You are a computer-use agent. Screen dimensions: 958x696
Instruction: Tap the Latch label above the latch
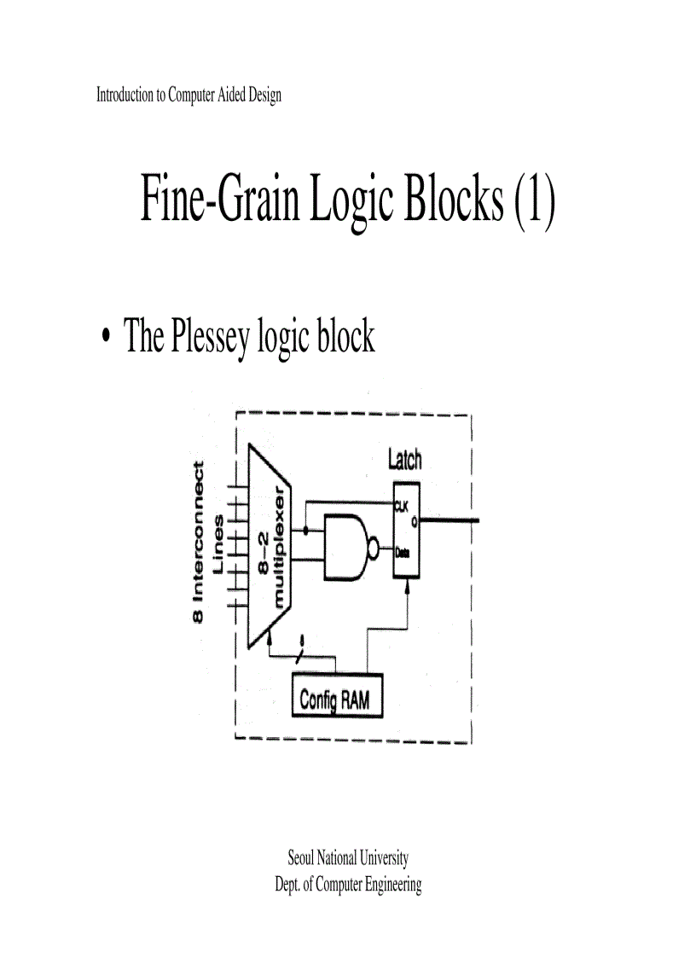pyautogui.click(x=404, y=460)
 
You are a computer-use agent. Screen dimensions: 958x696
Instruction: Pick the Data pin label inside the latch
pyautogui.click(x=402, y=553)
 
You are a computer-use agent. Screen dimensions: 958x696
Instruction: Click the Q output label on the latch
pyautogui.click(x=414, y=520)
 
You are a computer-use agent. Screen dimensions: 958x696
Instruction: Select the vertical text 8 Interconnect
pyautogui.click(x=199, y=542)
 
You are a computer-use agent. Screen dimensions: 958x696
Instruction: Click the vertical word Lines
pyautogui.click(x=219, y=543)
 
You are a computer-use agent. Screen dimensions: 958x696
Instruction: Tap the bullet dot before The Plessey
pyautogui.click(x=105, y=339)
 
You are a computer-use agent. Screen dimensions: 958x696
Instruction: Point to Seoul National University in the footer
pyautogui.click(x=348, y=857)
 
